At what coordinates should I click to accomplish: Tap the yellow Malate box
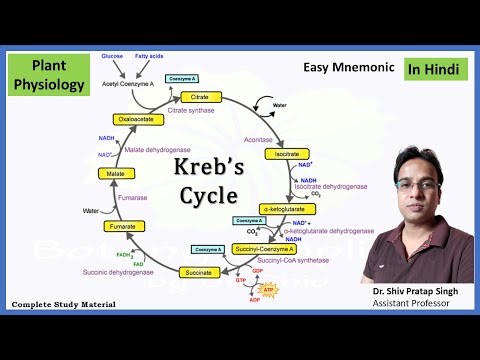112,174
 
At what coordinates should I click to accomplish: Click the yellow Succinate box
199,272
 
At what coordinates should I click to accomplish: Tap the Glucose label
113,57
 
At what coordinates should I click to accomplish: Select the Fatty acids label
148,57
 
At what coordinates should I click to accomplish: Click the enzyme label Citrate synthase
204,111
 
